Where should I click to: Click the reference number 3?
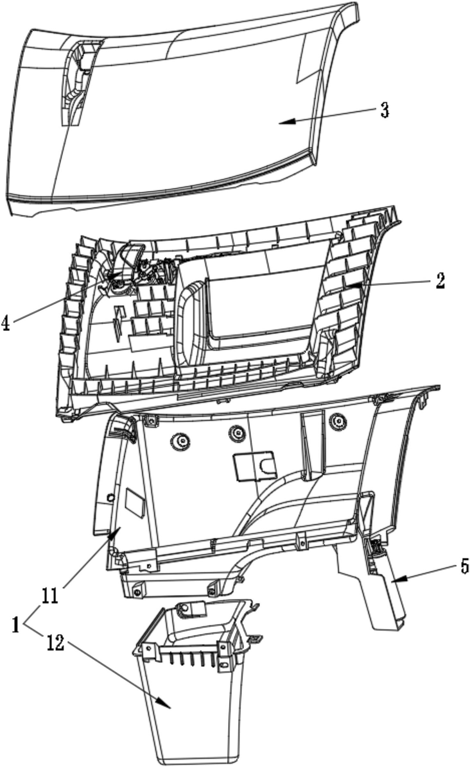point(384,110)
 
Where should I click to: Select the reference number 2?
point(440,280)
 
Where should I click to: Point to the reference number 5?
point(464,566)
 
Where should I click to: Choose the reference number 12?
point(55,643)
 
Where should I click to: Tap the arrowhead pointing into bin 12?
point(168,706)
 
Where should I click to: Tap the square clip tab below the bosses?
point(255,466)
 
